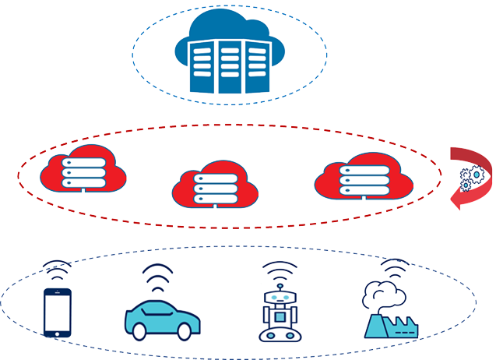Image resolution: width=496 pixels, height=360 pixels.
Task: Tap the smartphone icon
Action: coord(56,312)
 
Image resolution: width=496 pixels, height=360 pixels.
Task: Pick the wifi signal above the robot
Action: coord(278,270)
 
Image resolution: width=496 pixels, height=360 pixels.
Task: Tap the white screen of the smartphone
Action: coord(56,312)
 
